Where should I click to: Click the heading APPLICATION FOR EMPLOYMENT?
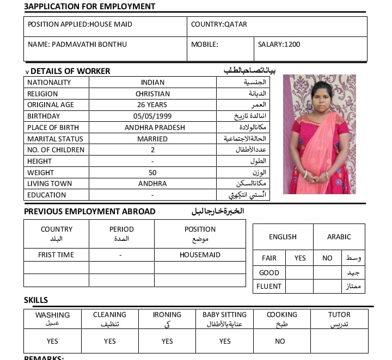click(90, 7)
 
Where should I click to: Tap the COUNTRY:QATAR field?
click(219, 24)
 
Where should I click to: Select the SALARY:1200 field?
click(279, 45)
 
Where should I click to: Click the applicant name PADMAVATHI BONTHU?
click(77, 45)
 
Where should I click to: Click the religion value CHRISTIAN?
click(152, 94)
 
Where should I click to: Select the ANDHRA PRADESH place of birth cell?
click(155, 128)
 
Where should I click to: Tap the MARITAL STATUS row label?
click(51, 139)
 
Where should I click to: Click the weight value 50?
click(152, 172)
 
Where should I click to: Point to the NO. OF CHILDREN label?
click(56, 150)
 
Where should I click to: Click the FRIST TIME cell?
click(56, 255)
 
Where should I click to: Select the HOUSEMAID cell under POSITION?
click(200, 255)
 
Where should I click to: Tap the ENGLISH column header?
click(283, 237)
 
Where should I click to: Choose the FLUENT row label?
click(270, 286)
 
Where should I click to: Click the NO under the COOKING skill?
click(280, 342)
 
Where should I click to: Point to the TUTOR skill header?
click(339, 315)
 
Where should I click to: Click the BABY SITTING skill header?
click(224, 315)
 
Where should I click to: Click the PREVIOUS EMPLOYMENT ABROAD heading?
click(90, 212)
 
